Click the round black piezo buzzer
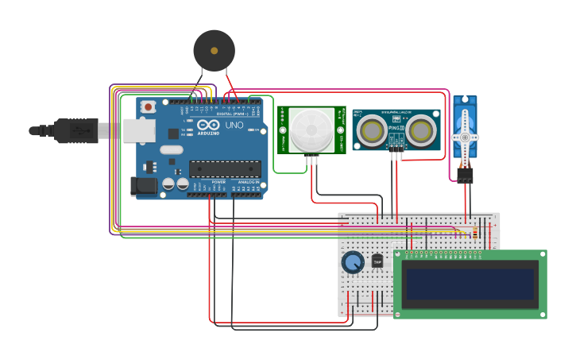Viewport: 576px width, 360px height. pyautogui.click(x=214, y=51)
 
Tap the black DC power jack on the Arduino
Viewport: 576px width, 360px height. pyautogui.click(x=142, y=187)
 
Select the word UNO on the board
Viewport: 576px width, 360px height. pyautogui.click(x=234, y=126)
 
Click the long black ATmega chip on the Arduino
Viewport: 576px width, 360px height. pyautogui.click(x=225, y=168)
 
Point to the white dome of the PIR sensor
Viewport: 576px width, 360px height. pyautogui.click(x=311, y=129)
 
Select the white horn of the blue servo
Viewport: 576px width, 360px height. pyautogui.click(x=465, y=137)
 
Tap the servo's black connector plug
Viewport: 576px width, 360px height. pyautogui.click(x=465, y=175)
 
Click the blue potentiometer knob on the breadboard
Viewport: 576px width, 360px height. pyautogui.click(x=353, y=261)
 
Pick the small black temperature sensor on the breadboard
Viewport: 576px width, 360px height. pyautogui.click(x=377, y=260)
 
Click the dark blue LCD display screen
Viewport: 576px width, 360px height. pyautogui.click(x=469, y=284)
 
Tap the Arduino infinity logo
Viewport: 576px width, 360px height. pyautogui.click(x=208, y=126)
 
